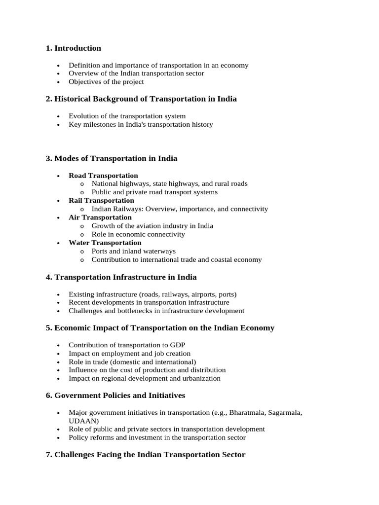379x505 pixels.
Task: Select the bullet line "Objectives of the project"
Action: pos(106,82)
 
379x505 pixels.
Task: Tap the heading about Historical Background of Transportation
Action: pos(141,99)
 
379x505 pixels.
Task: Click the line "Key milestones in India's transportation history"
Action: pos(141,124)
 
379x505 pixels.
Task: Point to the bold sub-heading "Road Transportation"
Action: pos(103,176)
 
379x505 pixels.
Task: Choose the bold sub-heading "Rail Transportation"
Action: pos(101,200)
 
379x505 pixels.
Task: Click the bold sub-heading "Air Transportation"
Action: pos(100,217)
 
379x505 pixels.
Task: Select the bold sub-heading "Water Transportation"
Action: pos(105,243)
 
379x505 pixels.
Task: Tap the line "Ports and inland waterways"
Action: pos(133,251)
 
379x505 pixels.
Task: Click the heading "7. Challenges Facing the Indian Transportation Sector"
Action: pos(145,455)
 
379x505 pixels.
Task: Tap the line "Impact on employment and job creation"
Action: pos(129,354)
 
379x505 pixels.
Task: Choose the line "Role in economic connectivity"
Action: pos(138,234)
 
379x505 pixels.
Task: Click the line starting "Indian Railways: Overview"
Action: pos(180,209)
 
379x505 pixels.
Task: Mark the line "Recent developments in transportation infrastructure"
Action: pos(149,302)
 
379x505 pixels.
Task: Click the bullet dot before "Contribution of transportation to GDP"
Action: pos(58,345)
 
